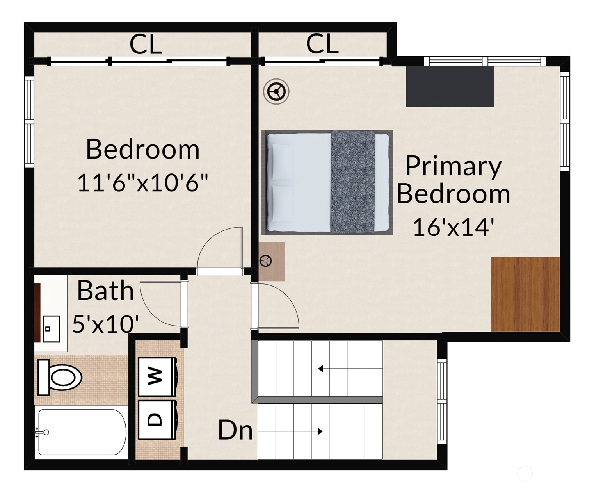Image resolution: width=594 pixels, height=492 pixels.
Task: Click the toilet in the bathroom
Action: pos(60,378)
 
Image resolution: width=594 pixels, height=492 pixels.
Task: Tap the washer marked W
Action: pos(157,377)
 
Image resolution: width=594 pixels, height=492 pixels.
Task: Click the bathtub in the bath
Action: pos(81,432)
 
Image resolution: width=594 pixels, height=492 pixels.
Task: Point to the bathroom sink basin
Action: pos(51,329)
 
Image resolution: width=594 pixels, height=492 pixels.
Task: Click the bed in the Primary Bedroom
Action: pos(327,182)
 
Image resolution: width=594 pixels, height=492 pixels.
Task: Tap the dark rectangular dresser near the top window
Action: pos(450,87)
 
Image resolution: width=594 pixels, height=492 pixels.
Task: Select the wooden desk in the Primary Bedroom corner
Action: pos(525,294)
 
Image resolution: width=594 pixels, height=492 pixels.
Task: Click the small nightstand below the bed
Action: pos(272,261)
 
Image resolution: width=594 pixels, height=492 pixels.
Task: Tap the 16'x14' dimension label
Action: pos(453,227)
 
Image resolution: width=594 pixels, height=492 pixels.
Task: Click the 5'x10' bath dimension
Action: pos(105,324)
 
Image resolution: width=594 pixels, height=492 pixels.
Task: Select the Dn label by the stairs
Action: pos(235,430)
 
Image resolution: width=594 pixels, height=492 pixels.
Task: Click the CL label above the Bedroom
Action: pos(146,45)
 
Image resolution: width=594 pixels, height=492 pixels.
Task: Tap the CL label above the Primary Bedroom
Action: pos(322,44)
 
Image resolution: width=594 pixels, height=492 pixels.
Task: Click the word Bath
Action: pos(105,291)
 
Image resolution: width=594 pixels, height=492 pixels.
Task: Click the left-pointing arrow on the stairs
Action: pos(350,369)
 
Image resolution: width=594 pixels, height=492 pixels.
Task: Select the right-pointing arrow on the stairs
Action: pos(290,431)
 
